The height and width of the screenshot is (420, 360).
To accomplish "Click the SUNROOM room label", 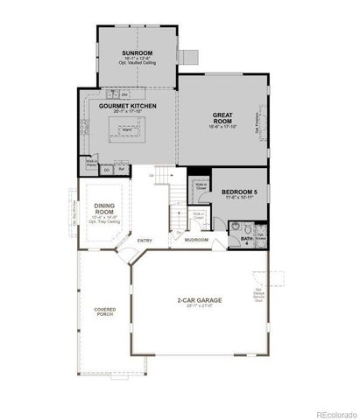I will [137, 52].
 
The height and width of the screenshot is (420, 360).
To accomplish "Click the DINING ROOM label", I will [103, 208].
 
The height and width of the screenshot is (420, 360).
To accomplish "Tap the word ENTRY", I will [145, 241].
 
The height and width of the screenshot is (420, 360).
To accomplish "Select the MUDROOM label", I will [196, 239].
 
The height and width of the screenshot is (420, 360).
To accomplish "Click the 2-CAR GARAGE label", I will [198, 300].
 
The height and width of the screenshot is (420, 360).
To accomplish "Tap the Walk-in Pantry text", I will [90, 163].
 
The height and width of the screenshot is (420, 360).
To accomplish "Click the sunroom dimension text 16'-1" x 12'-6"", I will [137, 58].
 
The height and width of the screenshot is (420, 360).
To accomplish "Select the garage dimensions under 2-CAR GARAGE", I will [198, 306].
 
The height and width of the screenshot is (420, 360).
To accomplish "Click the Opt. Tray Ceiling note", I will [103, 222].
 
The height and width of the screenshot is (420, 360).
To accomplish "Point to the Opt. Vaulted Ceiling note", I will [137, 64].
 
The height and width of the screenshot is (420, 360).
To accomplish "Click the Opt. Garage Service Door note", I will [259, 296].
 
